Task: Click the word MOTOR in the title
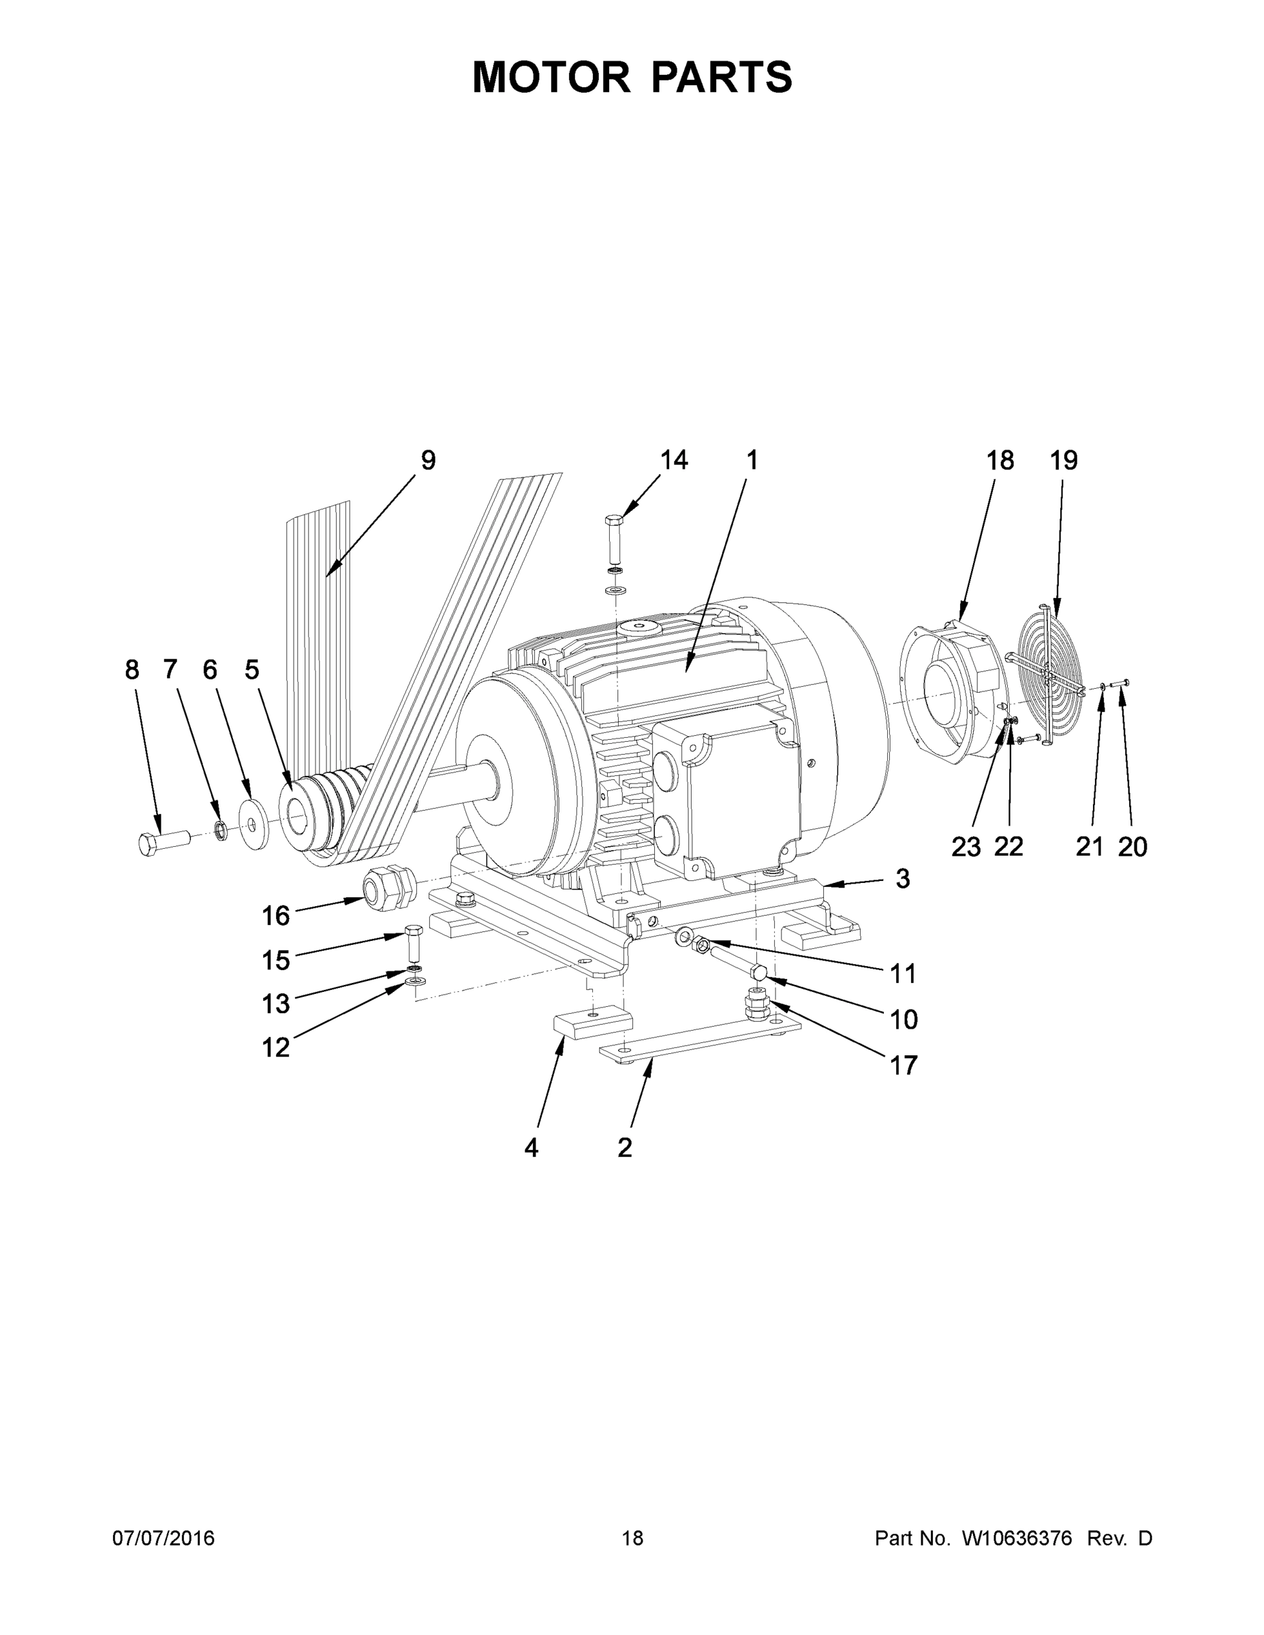(551, 76)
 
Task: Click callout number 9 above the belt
(427, 460)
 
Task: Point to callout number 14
(673, 460)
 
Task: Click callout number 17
(902, 1065)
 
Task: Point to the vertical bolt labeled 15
(414, 946)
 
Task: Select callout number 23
(966, 847)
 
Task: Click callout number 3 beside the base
(902, 878)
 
